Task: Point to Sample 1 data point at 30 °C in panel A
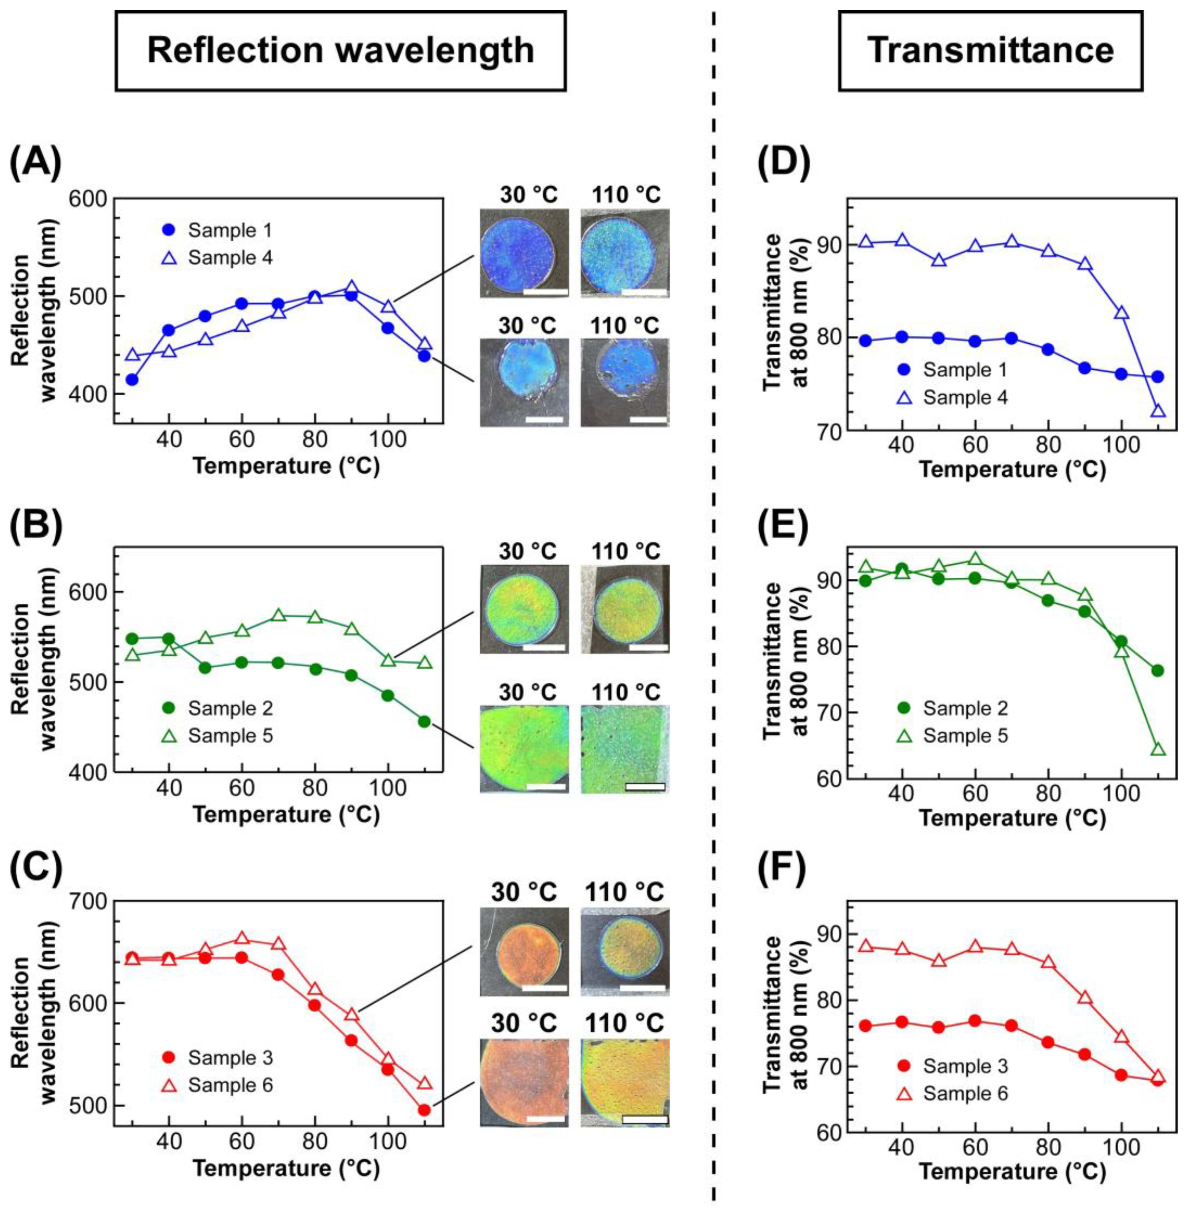132,379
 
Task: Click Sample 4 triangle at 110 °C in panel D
1158,411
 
